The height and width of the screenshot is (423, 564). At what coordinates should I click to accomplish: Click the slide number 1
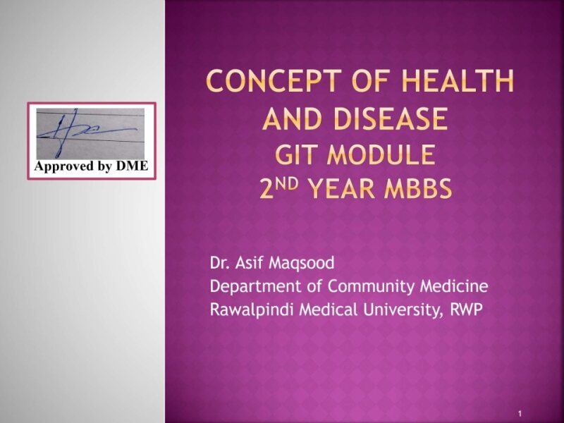pyautogui.click(x=519, y=412)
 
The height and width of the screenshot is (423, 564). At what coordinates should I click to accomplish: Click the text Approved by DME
pyautogui.click(x=91, y=166)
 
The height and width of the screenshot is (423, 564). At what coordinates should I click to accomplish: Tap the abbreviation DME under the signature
pyautogui.click(x=133, y=166)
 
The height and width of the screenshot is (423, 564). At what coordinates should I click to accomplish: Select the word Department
pyautogui.click(x=250, y=287)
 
